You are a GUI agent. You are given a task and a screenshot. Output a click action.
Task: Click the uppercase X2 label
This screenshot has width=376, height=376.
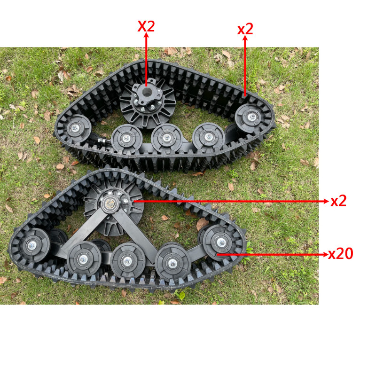[x=146, y=26]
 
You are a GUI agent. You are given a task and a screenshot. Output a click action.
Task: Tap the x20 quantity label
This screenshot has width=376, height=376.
[x=340, y=254]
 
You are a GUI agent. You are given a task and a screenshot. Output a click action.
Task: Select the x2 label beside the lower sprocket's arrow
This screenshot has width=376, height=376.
[x=338, y=201]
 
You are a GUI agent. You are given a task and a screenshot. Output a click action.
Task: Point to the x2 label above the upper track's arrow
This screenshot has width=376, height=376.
[x=245, y=29]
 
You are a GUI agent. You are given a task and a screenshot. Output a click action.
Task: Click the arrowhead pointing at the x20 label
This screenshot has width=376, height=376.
[x=325, y=254]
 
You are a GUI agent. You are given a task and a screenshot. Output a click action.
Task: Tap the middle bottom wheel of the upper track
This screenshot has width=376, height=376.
[x=167, y=138]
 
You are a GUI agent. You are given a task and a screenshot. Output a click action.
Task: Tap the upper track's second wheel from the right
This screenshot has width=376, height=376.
[x=209, y=138]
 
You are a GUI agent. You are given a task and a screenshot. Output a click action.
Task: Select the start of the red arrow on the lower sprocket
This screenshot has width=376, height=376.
[x=133, y=201]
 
